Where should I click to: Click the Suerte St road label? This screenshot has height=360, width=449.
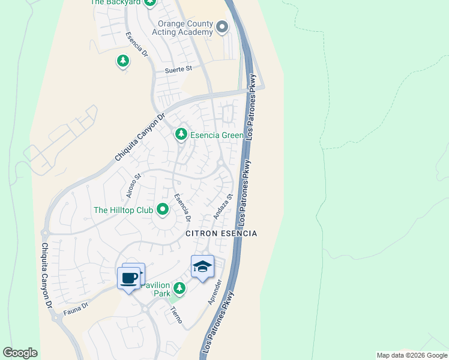pyautogui.click(x=178, y=70)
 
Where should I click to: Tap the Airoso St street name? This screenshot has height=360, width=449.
pyautogui.click(x=133, y=185)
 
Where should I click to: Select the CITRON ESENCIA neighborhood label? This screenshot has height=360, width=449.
pyautogui.click(x=221, y=233)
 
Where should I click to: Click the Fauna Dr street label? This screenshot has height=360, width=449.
pyautogui.click(x=77, y=305)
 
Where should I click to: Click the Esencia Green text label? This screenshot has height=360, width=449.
pyautogui.click(x=217, y=135)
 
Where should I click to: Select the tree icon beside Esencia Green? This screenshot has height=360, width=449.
pyautogui.click(x=181, y=134)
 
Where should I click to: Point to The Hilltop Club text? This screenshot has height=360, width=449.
pyautogui.click(x=123, y=210)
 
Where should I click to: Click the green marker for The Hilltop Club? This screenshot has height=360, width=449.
pyautogui.click(x=162, y=209)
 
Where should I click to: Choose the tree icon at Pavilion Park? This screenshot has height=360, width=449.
pyautogui.click(x=179, y=289)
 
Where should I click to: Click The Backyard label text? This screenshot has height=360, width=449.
pyautogui.click(x=116, y=2)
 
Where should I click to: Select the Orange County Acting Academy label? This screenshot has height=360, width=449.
pyautogui.click(x=185, y=28)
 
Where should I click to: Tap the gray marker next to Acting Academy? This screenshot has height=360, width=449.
pyautogui.click(x=223, y=26)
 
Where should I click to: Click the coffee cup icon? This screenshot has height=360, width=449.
pyautogui.click(x=128, y=278)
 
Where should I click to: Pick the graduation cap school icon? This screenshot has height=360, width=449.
pyautogui.click(x=202, y=266)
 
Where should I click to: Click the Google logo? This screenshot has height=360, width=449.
pyautogui.click(x=20, y=352)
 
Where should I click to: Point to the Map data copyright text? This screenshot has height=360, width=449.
pyautogui.click(x=411, y=355)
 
